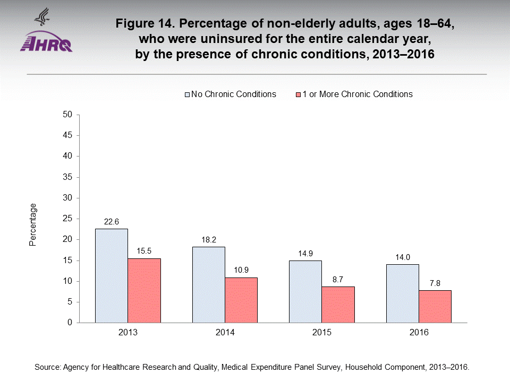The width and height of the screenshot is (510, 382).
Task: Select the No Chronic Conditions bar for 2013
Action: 112,275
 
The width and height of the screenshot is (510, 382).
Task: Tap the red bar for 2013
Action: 144,290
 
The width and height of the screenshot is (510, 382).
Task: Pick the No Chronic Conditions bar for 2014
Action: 208,284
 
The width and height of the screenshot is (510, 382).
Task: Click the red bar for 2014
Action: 241,300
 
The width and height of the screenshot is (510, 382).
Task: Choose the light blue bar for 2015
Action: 305,291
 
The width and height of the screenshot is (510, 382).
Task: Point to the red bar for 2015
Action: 338,305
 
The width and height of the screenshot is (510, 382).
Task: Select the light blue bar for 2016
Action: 403,293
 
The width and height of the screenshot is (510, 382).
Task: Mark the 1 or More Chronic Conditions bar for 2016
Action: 435,306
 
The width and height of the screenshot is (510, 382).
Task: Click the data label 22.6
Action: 112,222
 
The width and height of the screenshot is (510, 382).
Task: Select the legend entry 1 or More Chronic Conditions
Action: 353,94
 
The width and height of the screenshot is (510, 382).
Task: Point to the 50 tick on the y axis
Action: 67,115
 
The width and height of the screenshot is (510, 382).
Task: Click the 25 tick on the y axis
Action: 67,219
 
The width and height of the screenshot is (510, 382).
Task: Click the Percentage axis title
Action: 33,224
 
